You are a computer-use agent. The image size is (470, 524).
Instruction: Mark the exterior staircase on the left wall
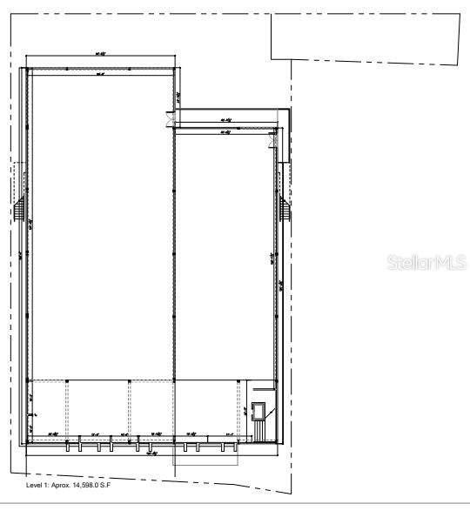18,212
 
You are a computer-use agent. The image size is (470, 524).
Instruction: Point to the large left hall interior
100,226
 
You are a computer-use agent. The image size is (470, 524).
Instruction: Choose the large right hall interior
225,252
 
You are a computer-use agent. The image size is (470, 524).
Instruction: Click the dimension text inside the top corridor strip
225,119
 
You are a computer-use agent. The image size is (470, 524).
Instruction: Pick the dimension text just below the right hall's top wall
225,133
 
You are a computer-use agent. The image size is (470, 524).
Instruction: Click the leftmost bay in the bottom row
49,409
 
